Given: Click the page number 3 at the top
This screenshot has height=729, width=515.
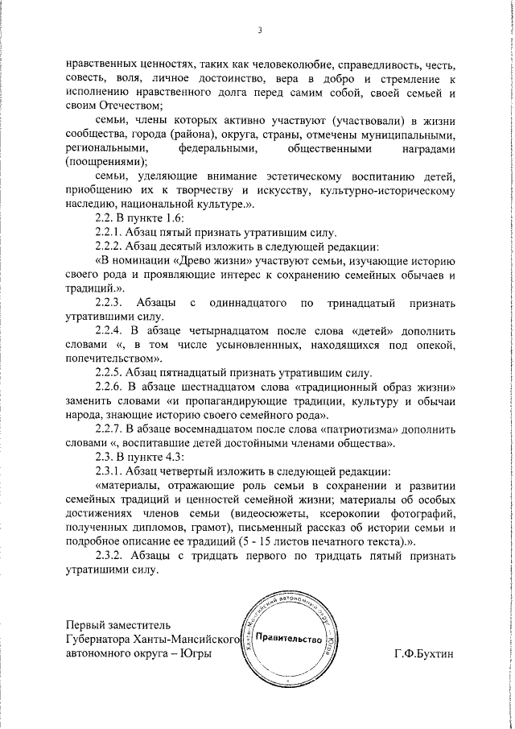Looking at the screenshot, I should tap(259, 31).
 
